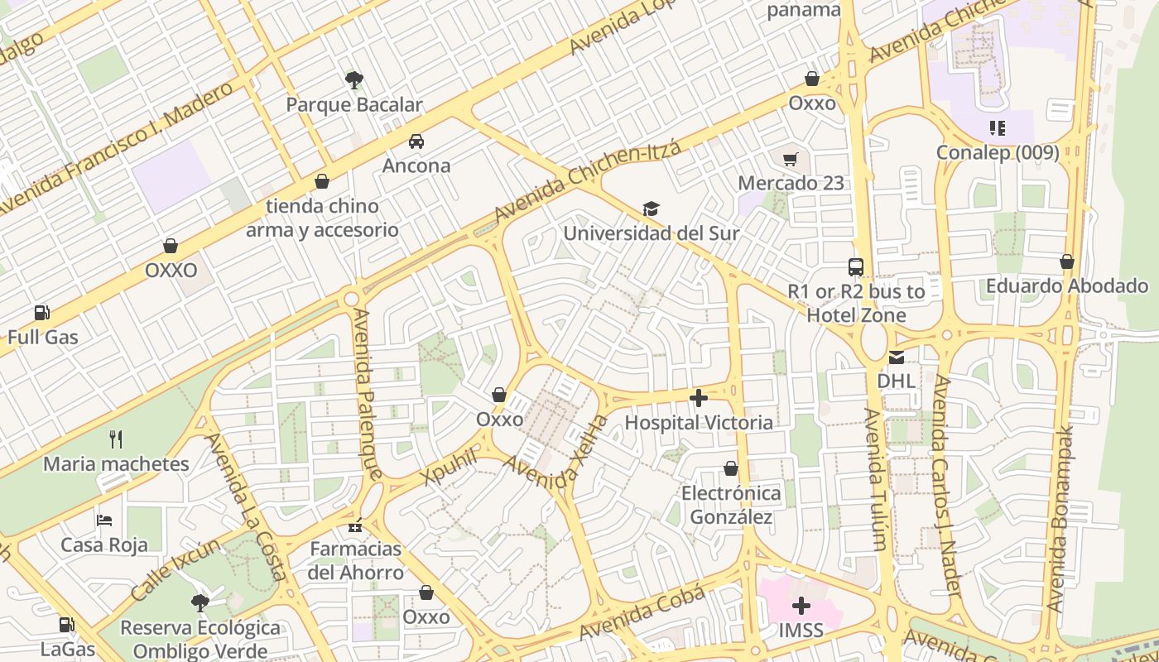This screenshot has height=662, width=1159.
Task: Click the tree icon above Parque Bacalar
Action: click(354, 80)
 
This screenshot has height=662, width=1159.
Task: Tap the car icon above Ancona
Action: click(416, 141)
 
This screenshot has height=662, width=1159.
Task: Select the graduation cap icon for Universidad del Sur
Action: click(652, 209)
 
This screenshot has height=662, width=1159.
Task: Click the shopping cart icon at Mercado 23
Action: click(791, 158)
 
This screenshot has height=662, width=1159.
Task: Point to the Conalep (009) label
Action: click(998, 152)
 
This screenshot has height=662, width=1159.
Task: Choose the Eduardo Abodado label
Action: click(1066, 286)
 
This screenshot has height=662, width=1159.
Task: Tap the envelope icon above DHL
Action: click(897, 357)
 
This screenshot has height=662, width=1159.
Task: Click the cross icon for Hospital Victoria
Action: click(699, 398)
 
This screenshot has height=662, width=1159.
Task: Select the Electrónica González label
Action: click(731, 505)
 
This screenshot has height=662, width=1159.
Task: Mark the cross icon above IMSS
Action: click(801, 606)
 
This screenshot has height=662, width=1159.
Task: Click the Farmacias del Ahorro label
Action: click(356, 560)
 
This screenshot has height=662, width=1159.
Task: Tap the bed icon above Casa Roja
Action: click(104, 520)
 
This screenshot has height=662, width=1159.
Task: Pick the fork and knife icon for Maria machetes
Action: click(116, 439)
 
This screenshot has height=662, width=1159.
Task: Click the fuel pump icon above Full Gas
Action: click(42, 313)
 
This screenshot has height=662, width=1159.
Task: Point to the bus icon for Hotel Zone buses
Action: click(856, 267)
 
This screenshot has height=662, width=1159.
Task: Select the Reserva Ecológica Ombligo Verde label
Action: click(200, 639)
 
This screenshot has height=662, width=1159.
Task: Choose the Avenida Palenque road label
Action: click(368, 394)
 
